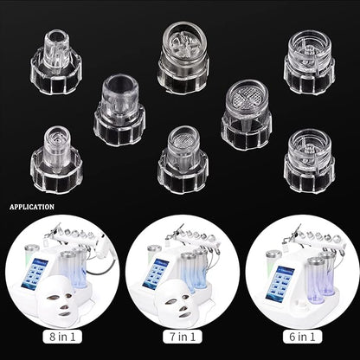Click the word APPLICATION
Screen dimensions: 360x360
pyautogui.click(x=32, y=207)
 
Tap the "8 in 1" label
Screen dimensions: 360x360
pyautogui.click(x=62, y=337)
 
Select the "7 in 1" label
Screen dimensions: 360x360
pyautogui.click(x=183, y=337)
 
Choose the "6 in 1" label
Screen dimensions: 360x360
pyautogui.click(x=302, y=337)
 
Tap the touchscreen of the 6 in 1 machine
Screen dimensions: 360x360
pyautogui.click(x=280, y=283)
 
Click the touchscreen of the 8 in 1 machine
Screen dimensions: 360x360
pyautogui.click(x=35, y=273)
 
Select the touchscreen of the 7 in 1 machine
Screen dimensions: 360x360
pyautogui.click(x=156, y=273)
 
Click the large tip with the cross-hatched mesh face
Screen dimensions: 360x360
pyautogui.click(x=246, y=115)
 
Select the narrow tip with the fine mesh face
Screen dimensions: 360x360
pyautogui.click(x=183, y=159)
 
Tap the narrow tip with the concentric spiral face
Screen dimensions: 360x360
pyautogui.click(x=56, y=159)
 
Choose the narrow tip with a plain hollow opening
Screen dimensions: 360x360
pyautogui.click(x=56, y=61)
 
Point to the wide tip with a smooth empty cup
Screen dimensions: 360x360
pyautogui.click(x=119, y=110)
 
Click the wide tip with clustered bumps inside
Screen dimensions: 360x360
pyautogui.click(x=183, y=57)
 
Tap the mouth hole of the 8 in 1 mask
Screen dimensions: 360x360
pyautogui.click(x=64, y=314)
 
